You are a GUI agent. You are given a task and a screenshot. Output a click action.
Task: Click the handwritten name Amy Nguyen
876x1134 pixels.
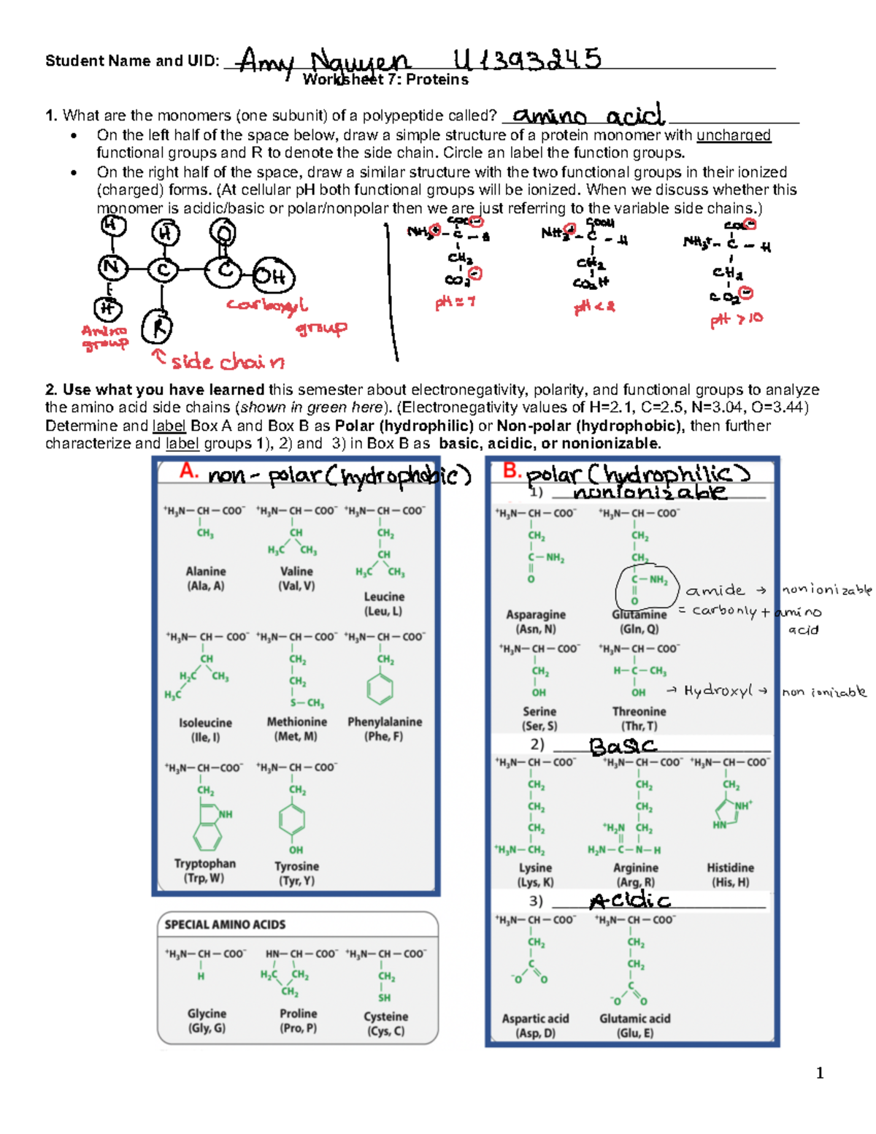click(324, 62)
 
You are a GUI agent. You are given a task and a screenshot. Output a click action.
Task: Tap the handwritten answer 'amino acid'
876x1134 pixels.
click(588, 115)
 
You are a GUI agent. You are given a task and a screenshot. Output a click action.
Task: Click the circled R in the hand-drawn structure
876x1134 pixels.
click(157, 326)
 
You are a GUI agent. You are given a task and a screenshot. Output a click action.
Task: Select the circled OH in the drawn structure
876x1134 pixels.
click(273, 277)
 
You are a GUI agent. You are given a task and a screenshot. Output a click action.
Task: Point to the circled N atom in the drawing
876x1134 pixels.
click(112, 268)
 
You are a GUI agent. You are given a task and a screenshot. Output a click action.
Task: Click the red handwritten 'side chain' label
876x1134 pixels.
click(226, 361)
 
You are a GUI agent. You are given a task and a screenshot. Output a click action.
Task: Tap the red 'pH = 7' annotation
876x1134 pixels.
click(455, 302)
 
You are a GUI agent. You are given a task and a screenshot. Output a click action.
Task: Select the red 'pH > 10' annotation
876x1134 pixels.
click(736, 320)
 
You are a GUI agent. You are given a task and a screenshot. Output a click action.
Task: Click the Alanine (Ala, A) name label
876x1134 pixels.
click(206, 578)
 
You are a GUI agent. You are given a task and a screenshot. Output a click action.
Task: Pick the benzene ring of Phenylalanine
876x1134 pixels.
click(380, 688)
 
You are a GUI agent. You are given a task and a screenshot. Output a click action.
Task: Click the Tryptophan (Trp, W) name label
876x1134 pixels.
click(204, 870)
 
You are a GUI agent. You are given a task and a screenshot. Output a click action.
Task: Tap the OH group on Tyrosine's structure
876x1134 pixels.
click(296, 849)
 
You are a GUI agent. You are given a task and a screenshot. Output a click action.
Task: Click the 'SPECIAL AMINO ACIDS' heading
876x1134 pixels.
click(225, 924)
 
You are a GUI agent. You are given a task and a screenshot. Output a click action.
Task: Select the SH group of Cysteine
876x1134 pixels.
click(384, 997)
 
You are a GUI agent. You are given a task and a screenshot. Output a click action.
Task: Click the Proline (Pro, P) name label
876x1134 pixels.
click(298, 1021)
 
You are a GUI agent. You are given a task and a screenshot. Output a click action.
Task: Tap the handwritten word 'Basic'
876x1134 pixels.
click(623, 746)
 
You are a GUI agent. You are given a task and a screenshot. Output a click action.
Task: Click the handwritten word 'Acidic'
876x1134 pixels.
click(629, 901)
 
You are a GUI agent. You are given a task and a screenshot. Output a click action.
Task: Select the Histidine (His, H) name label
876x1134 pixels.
click(730, 875)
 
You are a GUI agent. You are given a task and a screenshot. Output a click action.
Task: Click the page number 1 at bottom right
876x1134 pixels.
click(820, 1073)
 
